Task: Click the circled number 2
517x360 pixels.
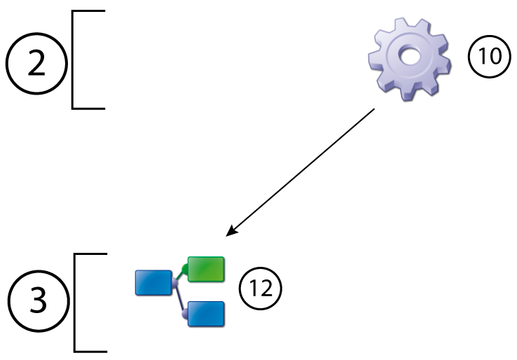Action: (x=36, y=64)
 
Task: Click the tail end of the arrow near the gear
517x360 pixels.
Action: (x=375, y=109)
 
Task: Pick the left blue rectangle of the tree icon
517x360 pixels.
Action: (x=153, y=282)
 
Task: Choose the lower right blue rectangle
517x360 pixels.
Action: (x=207, y=313)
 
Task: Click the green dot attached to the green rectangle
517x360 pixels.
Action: (x=185, y=268)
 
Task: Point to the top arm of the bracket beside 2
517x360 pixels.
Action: (x=88, y=12)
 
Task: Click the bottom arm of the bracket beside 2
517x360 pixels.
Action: (x=88, y=108)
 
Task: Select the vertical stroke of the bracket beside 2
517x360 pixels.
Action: (x=73, y=60)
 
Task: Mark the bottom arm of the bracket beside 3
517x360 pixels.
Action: (x=91, y=349)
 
